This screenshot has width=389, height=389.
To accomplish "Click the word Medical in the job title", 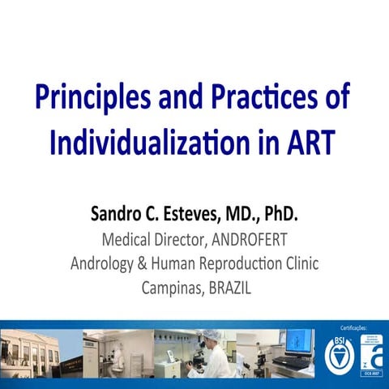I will click(x=129, y=240).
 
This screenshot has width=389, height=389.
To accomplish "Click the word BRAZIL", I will click(x=230, y=287).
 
